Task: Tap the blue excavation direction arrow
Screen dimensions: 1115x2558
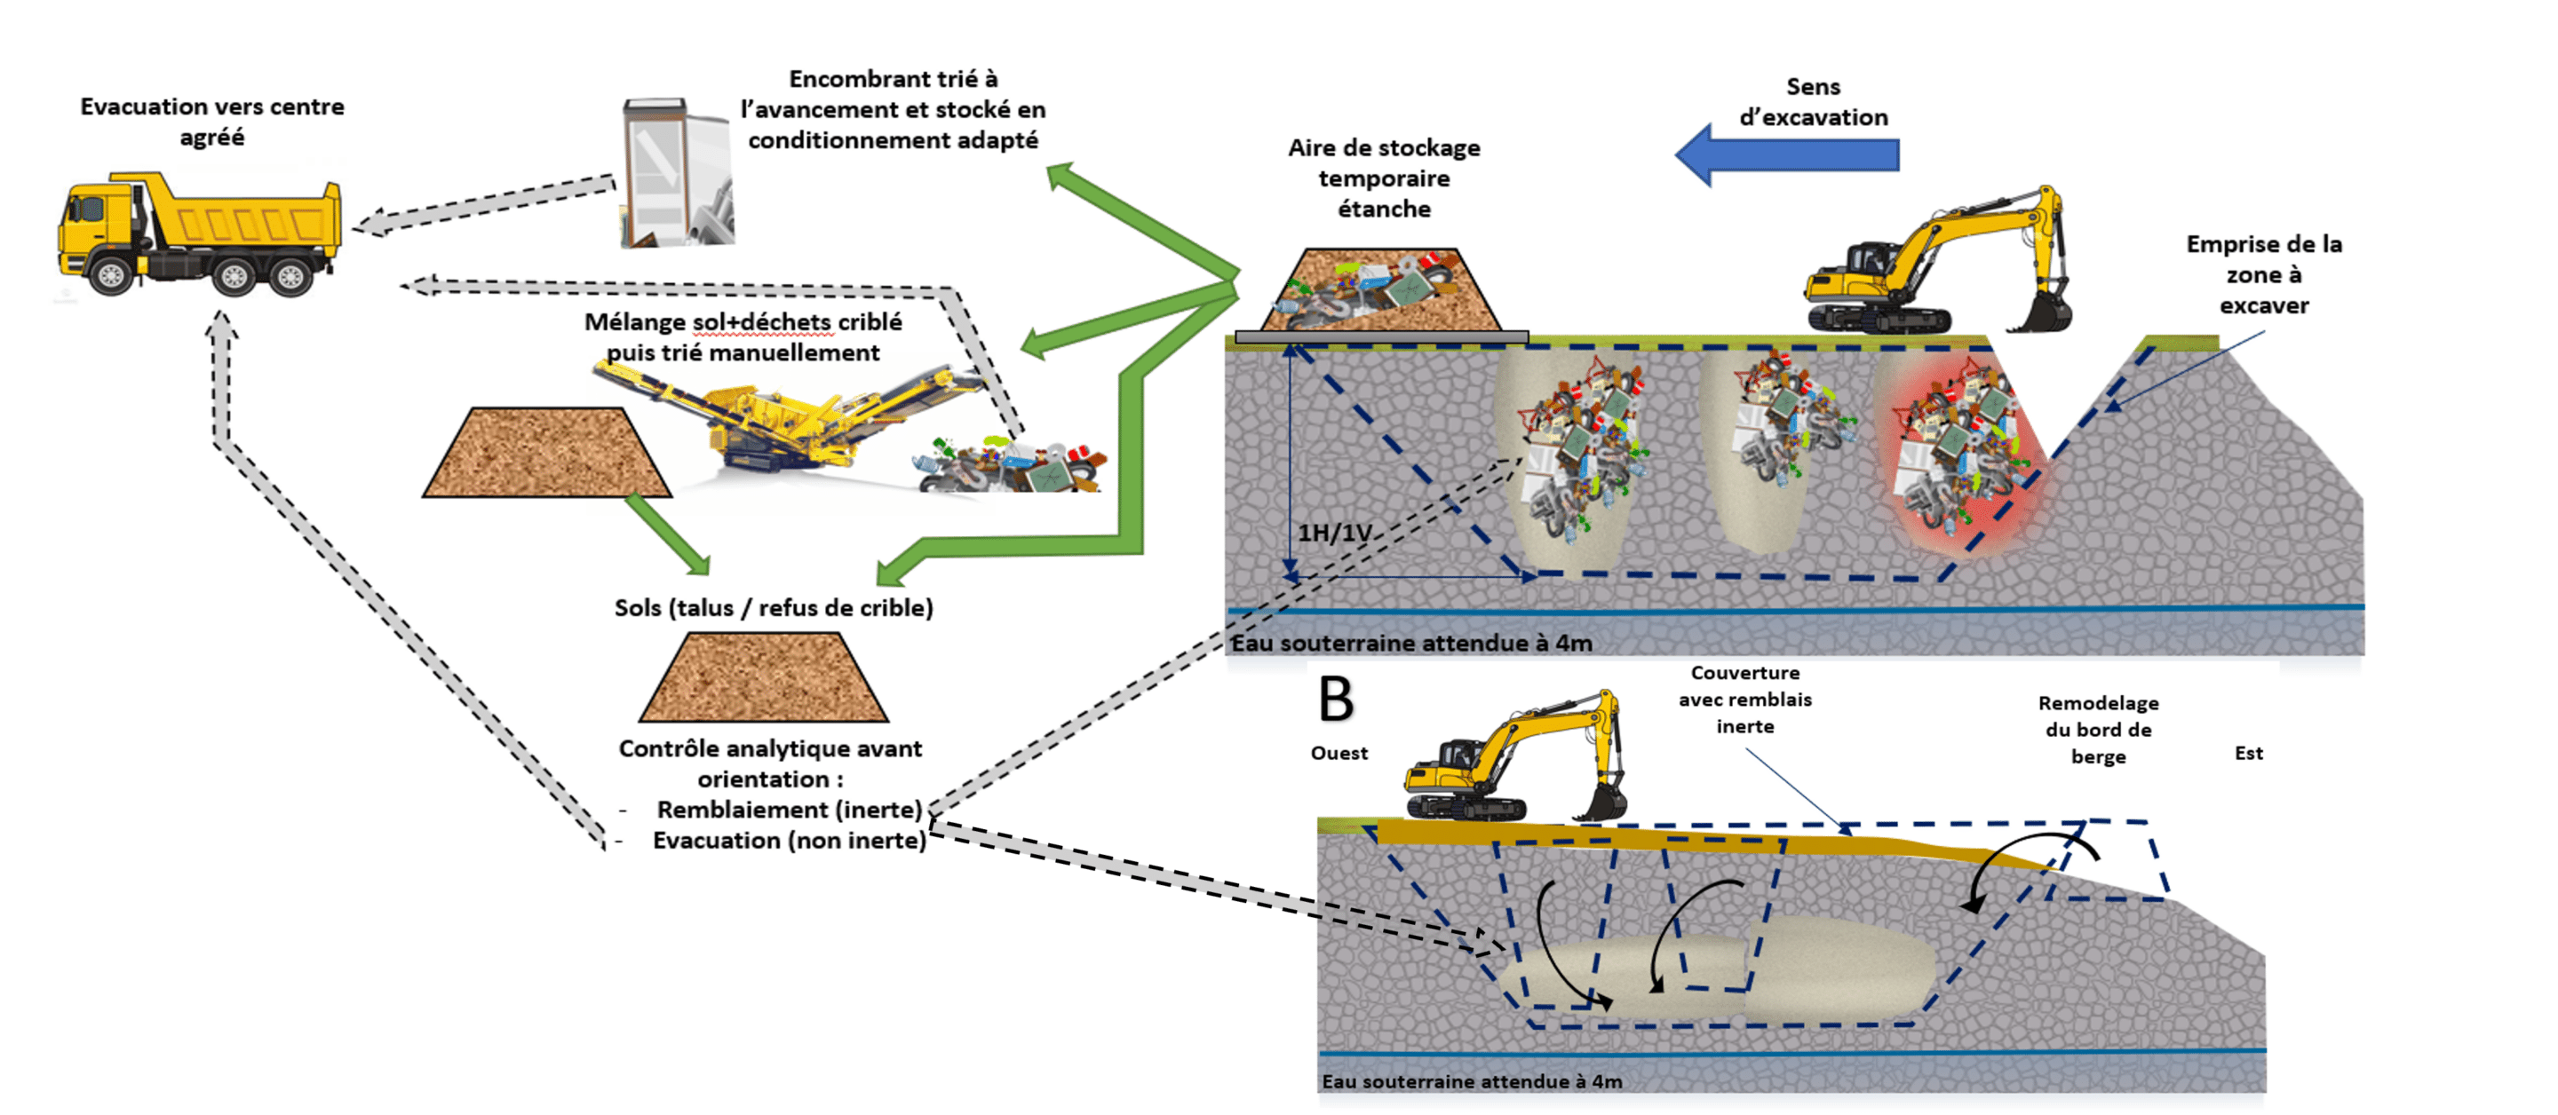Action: (x=1787, y=154)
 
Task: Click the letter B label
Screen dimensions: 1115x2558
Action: (x=1336, y=699)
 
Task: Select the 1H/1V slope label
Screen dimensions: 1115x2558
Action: (x=1333, y=534)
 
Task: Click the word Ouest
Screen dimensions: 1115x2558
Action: (x=1339, y=754)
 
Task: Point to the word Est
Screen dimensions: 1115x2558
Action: (x=2248, y=754)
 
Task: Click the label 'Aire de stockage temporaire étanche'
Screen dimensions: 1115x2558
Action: (x=1383, y=178)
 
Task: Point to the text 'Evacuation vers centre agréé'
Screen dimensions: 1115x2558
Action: (x=212, y=121)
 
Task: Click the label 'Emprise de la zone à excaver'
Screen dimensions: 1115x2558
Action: (x=2263, y=275)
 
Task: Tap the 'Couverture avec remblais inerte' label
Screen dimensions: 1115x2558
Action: (x=1744, y=700)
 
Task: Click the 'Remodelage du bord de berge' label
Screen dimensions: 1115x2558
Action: (x=2097, y=730)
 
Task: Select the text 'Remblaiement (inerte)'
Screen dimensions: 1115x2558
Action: (x=790, y=811)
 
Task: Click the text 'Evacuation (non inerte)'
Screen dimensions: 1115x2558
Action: (x=789, y=841)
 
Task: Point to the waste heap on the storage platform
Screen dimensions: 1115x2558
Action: (x=1380, y=288)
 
